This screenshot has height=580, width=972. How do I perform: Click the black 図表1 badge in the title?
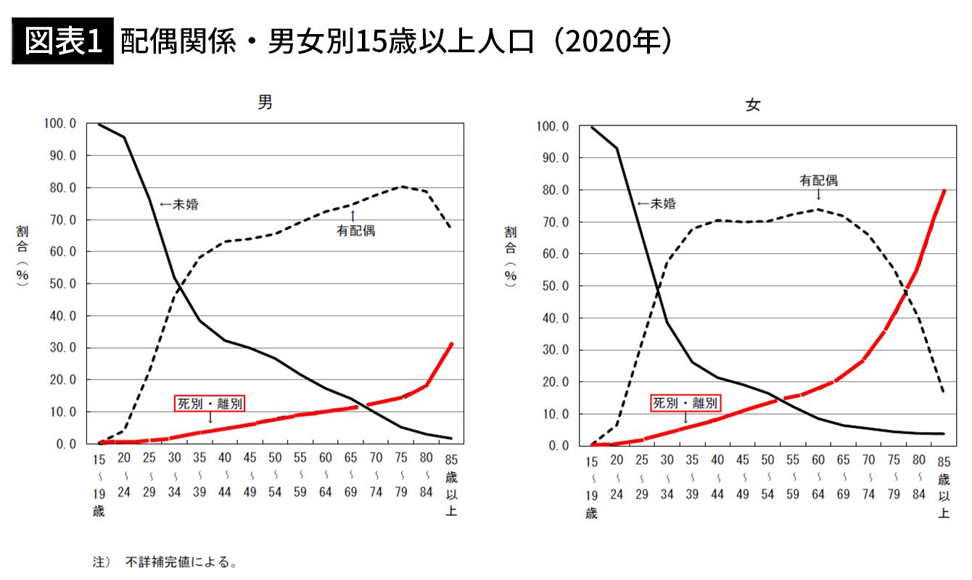pyautogui.click(x=62, y=42)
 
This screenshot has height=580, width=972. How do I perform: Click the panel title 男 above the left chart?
pyautogui.click(x=266, y=103)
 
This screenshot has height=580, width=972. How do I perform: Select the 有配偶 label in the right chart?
pyautogui.click(x=818, y=181)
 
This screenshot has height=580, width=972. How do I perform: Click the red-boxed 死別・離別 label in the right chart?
pyautogui.click(x=685, y=403)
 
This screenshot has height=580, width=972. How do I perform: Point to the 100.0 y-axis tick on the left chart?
pyautogui.click(x=59, y=124)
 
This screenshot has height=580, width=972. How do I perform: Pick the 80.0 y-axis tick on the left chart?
pyautogui.click(x=62, y=188)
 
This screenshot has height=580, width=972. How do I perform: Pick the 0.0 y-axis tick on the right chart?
pyautogui.click(x=555, y=445)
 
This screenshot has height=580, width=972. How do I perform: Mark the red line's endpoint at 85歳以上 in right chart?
pyautogui.click(x=944, y=190)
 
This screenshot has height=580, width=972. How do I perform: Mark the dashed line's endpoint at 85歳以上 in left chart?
pyautogui.click(x=452, y=228)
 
